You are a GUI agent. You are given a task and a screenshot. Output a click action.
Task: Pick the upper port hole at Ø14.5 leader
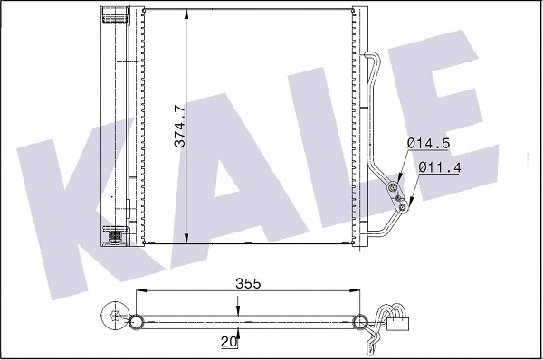393,187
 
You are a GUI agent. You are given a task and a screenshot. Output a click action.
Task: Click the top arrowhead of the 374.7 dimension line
186,12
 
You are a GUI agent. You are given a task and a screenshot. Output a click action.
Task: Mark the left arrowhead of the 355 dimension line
140,291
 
